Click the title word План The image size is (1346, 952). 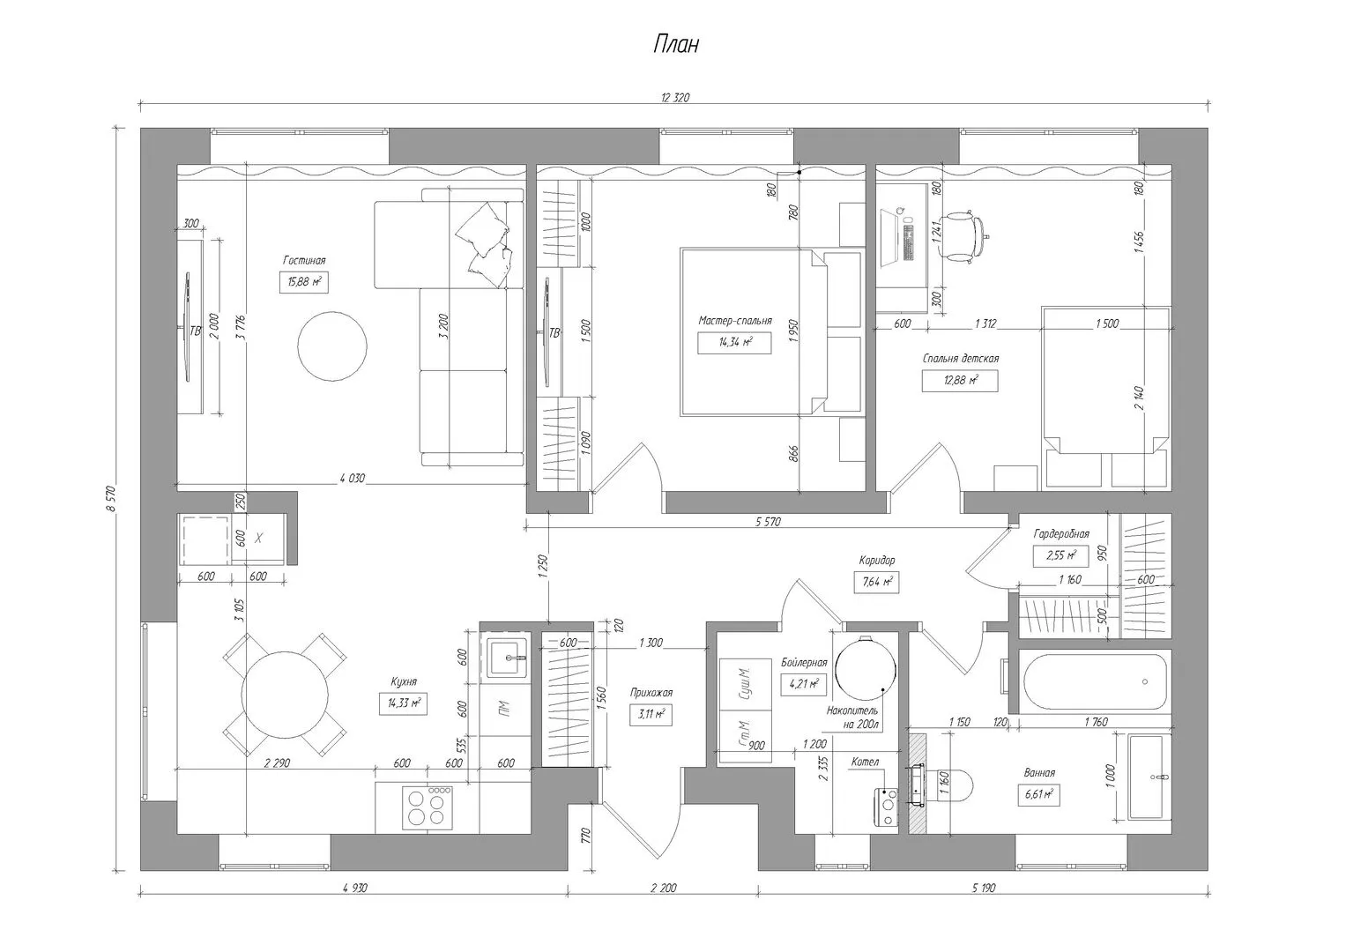pos(676,44)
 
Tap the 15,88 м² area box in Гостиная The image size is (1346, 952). pos(304,282)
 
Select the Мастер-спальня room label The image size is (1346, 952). pos(735,321)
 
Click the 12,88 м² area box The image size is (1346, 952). pos(960,381)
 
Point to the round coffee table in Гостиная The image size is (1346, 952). pos(332,346)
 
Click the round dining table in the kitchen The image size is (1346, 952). pos(285,695)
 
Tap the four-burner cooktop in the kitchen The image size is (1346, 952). pos(428,807)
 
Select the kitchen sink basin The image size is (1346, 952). pos(507,658)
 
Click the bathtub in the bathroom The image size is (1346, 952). pos(1094,681)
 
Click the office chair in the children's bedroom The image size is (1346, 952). pos(962,236)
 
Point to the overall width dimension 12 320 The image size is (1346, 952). pos(675,98)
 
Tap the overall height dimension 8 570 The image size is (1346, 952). pos(110,499)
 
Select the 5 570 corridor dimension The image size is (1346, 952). pos(768,522)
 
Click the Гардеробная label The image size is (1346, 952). pos(1061,533)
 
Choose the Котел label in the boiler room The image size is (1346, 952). pos(865,762)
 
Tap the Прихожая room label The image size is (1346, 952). pos(651,692)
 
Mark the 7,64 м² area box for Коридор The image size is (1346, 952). pos(876,582)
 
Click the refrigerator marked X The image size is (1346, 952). pos(258,538)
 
